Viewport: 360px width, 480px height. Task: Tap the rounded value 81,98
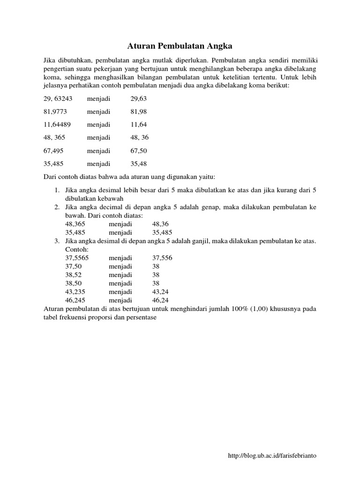click(140, 112)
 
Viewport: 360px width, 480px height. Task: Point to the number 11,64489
click(57, 125)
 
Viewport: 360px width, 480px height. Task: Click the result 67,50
click(140, 150)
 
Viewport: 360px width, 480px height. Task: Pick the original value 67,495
click(53, 150)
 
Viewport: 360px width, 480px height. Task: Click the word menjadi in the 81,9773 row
click(98, 112)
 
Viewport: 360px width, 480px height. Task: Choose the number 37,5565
click(77, 258)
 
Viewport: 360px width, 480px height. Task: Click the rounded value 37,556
click(162, 258)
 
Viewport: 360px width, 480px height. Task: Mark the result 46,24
click(161, 300)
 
